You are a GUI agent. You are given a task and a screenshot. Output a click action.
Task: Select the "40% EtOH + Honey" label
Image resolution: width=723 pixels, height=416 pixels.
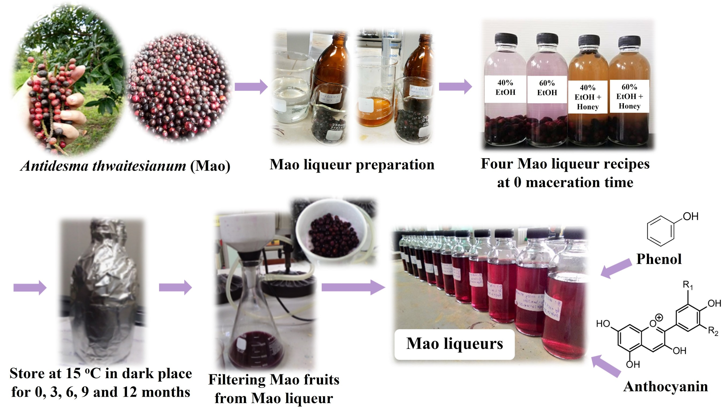pos(588,97)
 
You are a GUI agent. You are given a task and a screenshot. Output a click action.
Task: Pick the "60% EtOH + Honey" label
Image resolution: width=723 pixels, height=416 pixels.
pos(629,97)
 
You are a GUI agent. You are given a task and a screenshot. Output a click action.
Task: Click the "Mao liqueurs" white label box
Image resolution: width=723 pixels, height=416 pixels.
pos(454,344)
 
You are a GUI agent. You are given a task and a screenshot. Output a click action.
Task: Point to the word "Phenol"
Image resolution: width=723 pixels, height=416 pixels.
pos(659,259)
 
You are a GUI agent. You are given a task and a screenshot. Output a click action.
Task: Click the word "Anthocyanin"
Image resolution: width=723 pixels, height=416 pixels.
pos(665,386)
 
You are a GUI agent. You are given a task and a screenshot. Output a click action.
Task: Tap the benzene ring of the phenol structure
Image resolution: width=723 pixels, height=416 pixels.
pos(661,231)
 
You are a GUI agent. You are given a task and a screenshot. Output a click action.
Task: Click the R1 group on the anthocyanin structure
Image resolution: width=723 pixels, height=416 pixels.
pos(688,286)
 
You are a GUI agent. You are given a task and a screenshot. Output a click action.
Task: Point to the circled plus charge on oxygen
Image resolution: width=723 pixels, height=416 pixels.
pos(659,317)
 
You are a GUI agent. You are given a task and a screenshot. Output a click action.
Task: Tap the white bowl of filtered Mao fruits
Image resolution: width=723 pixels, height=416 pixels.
pos(331,231)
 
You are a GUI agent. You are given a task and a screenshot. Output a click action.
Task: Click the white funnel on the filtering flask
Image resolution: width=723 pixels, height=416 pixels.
pos(247,231)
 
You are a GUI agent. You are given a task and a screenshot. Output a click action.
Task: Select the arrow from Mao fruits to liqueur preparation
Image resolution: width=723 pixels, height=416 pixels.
pos(251,87)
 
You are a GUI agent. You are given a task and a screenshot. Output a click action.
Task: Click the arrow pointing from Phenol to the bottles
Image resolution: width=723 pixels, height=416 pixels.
pos(616,268)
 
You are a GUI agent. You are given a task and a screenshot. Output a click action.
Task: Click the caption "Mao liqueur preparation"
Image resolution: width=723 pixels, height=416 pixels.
pos(352,165)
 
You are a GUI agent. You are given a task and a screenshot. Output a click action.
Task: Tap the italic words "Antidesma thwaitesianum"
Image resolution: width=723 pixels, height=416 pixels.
pos(103,166)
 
